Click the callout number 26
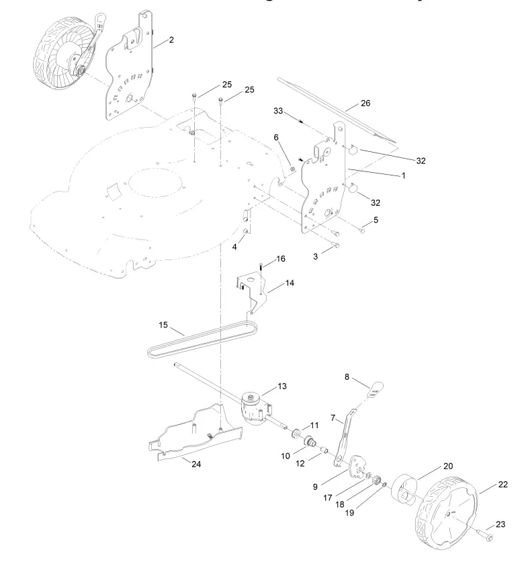point(365,104)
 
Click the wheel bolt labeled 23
point(486,536)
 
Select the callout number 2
point(171,40)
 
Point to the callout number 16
point(280,258)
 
